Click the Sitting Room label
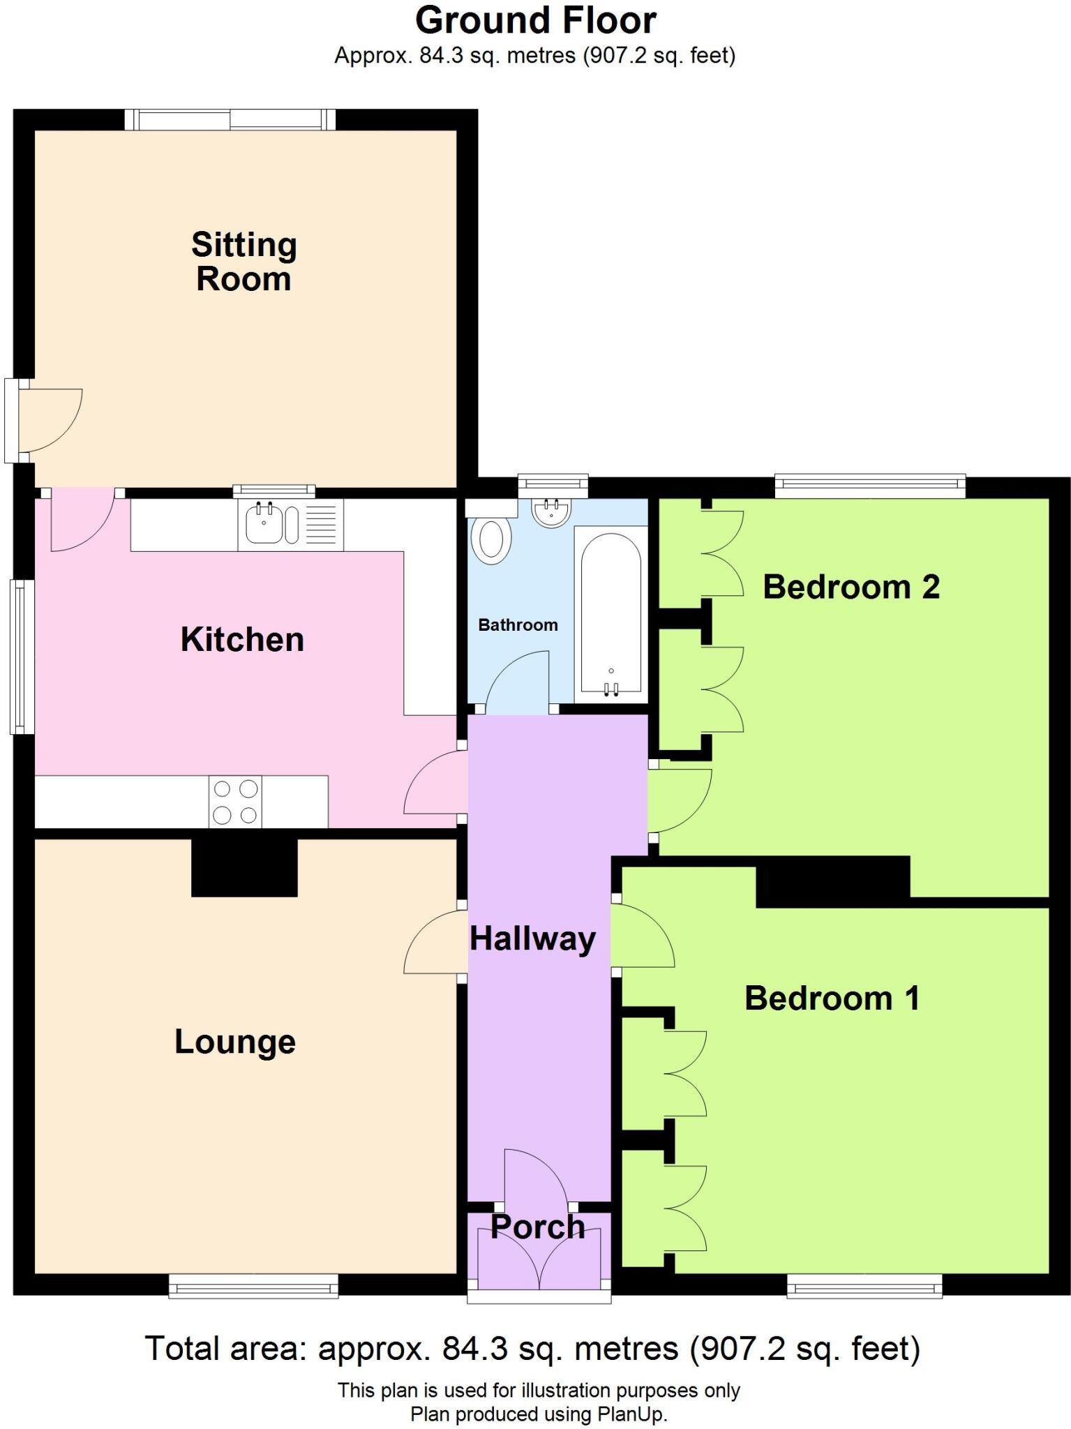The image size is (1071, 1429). [x=244, y=262]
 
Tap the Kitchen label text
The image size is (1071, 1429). [x=242, y=640]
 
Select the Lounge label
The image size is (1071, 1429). [x=235, y=1042]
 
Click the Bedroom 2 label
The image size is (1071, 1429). [x=851, y=587]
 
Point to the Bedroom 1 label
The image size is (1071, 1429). [x=832, y=998]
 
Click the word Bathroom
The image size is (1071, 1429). [x=518, y=625]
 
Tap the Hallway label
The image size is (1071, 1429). [x=532, y=939]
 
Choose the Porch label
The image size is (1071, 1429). [x=537, y=1227]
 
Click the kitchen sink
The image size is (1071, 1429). [x=264, y=523]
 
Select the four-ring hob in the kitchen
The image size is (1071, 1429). [x=235, y=802]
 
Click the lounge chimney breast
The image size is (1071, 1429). [x=244, y=867]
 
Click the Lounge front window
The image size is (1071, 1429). [x=253, y=1285]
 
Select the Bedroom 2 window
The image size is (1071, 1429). [x=869, y=486]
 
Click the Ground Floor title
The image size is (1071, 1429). [x=535, y=21]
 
